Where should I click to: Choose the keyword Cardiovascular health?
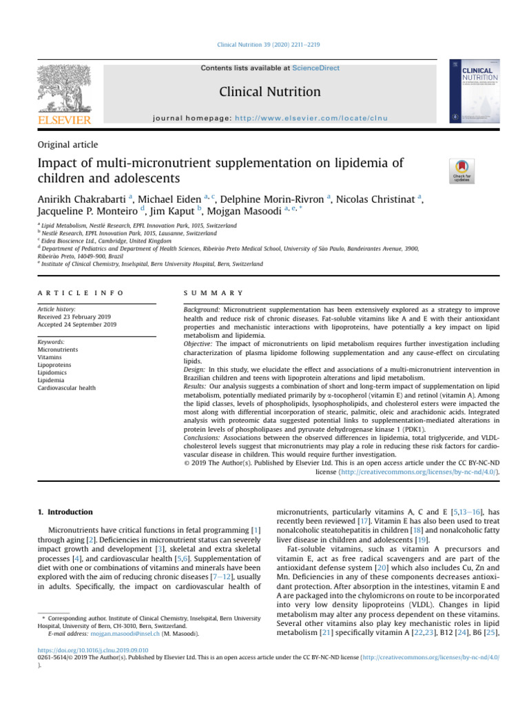(x=67, y=388)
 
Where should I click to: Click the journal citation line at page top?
(x=264, y=45)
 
